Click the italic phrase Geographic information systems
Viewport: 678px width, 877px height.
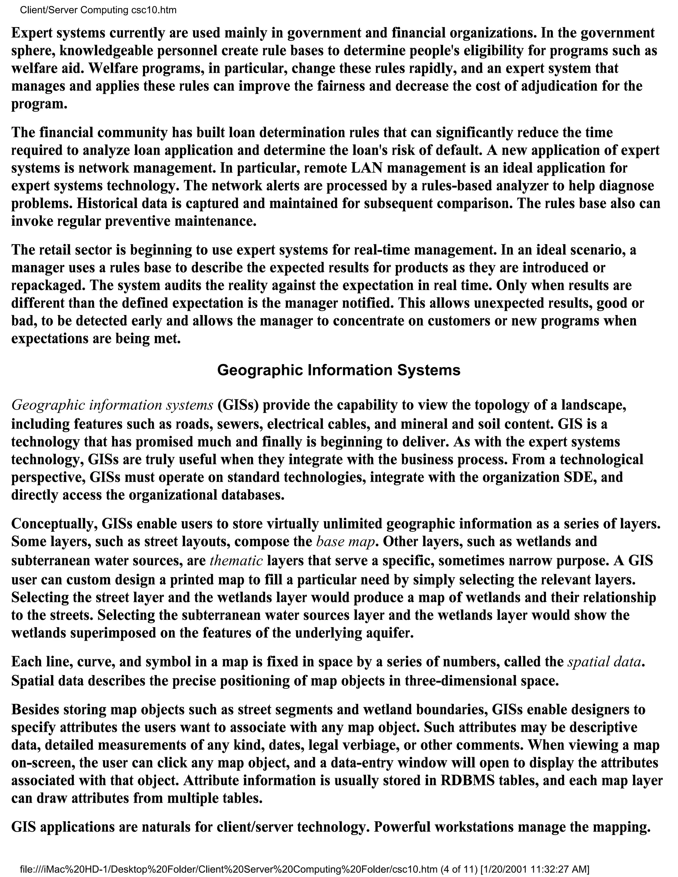112,405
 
